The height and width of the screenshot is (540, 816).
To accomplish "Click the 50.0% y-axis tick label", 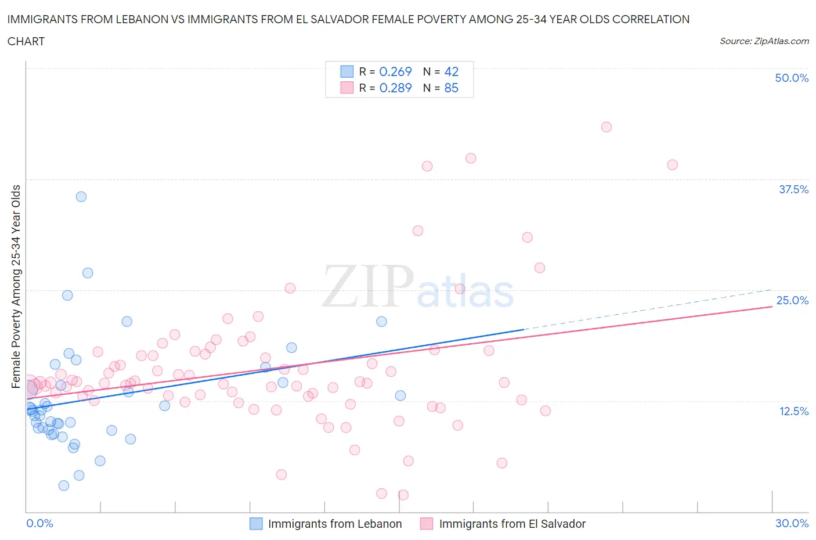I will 792,78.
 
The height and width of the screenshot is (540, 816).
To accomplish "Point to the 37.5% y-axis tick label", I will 793,189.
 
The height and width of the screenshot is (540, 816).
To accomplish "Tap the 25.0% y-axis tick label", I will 792,300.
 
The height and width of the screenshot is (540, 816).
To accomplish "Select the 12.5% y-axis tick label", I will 793,411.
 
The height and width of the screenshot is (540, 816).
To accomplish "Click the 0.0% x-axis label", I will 40,523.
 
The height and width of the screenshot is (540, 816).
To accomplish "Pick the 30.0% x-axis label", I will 792,523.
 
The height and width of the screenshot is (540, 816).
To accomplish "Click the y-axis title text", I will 16,286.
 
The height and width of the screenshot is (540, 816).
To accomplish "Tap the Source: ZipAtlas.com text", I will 764,41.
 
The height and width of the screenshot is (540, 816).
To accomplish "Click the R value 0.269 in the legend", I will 395,71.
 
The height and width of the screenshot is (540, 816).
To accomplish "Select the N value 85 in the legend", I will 451,88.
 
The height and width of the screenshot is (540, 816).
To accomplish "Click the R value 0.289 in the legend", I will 395,88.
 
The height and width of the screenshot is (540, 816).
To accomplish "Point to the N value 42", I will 451,71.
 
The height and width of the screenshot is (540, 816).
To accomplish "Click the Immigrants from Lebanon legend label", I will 334,524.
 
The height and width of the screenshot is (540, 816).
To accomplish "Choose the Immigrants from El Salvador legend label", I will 512,524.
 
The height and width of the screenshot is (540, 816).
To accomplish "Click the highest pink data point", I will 606,127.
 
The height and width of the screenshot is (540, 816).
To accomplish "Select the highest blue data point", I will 81,197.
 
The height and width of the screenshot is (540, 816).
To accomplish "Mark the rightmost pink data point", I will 672,165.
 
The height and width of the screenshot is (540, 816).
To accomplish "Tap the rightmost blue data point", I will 400,395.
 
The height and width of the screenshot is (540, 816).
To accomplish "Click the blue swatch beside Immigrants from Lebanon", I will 256,524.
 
